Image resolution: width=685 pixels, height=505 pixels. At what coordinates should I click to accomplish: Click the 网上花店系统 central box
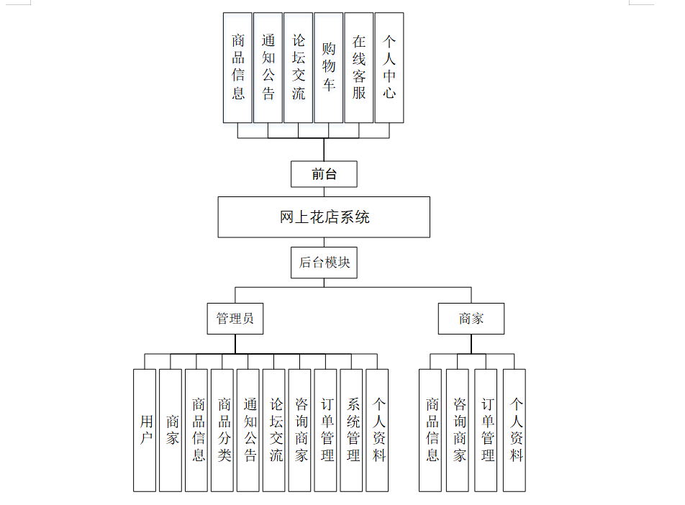(x=324, y=217)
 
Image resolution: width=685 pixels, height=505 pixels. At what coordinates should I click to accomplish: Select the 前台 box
(x=324, y=174)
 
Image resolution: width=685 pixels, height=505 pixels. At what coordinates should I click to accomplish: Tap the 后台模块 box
(x=324, y=263)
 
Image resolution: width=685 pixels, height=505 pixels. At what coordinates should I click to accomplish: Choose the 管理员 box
(x=235, y=319)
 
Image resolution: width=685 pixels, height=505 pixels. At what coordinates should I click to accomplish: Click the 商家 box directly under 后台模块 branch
(x=471, y=319)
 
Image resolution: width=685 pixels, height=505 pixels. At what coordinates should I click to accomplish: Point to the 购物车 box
(x=329, y=68)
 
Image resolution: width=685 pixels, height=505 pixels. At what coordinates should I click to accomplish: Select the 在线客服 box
(x=359, y=68)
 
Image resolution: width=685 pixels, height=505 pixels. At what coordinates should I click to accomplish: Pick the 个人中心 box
(x=389, y=68)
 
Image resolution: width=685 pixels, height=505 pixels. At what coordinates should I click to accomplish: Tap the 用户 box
(x=145, y=430)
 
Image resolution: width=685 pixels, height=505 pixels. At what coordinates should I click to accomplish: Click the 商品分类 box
(x=222, y=430)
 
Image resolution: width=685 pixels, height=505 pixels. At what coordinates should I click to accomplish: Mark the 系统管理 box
(x=351, y=430)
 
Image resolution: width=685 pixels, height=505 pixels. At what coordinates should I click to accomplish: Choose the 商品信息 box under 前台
(x=238, y=68)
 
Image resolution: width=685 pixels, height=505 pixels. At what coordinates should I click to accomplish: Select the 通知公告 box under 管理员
(x=248, y=430)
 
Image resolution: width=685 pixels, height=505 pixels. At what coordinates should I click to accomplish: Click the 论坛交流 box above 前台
(x=299, y=68)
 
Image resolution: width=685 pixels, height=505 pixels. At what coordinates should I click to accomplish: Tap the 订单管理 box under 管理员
(x=325, y=430)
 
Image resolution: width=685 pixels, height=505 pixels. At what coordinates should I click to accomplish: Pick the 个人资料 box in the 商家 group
(x=514, y=430)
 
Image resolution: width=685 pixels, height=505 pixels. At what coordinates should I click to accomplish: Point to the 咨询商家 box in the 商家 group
(x=458, y=430)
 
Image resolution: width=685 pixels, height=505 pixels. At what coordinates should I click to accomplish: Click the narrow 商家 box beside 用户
(x=171, y=430)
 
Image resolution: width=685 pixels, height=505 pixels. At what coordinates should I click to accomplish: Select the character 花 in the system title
(x=316, y=217)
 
